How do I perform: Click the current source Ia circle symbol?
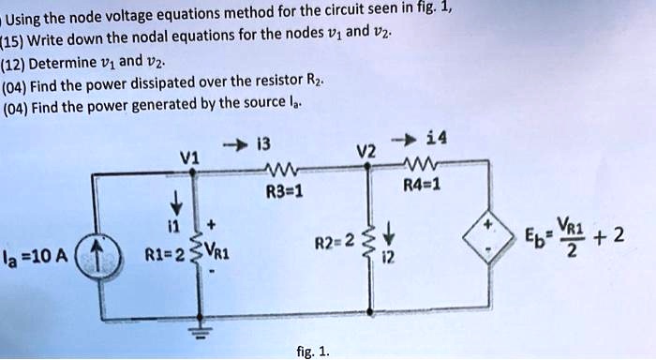coord(106,256)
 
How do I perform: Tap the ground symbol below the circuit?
coord(199,331)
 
